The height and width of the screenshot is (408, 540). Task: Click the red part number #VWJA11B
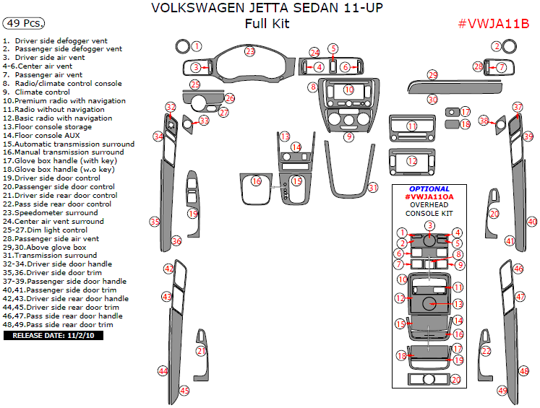click(494, 24)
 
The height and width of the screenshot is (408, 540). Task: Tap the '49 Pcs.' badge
click(24, 23)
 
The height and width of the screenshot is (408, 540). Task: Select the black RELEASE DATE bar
click(53, 335)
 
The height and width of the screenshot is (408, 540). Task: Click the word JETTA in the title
click(229, 7)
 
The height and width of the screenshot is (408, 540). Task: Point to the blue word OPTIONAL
click(429, 189)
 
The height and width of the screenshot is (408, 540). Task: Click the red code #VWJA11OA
click(429, 196)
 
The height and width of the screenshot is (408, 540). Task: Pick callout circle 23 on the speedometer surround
click(249, 51)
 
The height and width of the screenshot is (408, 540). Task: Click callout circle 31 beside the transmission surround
click(373, 188)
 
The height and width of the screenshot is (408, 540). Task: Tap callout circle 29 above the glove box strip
click(432, 75)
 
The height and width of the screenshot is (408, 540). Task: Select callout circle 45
click(184, 391)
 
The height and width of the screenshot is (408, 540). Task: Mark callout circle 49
click(502, 391)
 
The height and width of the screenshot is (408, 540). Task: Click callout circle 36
click(176, 241)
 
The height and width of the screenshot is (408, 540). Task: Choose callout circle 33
click(205, 121)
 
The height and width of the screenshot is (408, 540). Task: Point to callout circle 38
click(484, 121)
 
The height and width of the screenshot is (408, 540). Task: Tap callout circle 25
click(195, 84)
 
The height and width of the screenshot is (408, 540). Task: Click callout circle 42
click(168, 269)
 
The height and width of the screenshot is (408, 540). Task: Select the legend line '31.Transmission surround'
click(50, 256)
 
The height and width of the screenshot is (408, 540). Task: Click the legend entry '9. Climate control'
click(36, 92)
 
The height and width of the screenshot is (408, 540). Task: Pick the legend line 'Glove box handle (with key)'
click(60, 161)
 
